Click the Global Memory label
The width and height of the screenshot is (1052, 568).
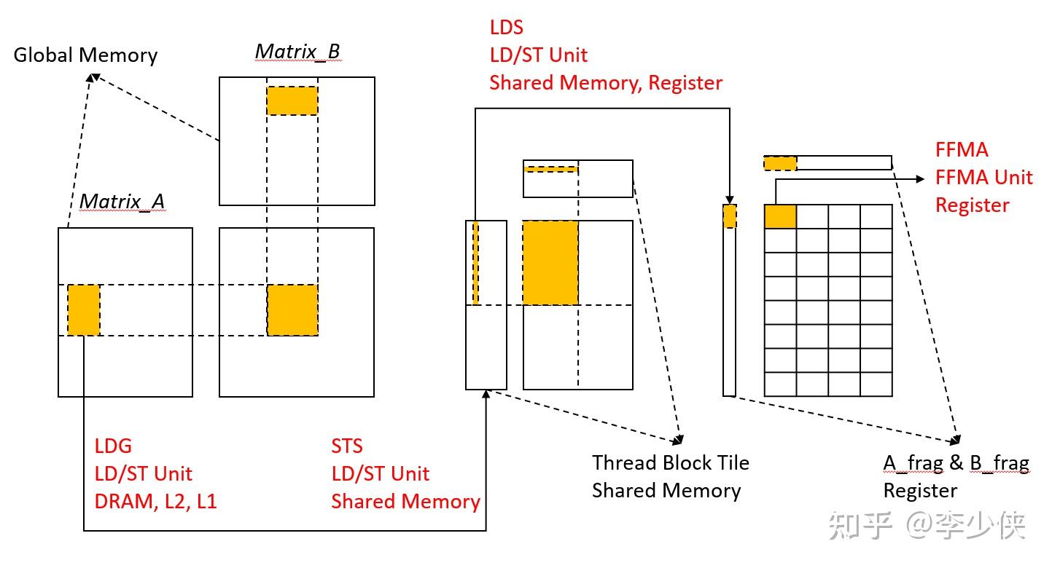pyautogui.click(x=85, y=55)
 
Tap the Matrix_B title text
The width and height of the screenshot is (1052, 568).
pyautogui.click(x=297, y=52)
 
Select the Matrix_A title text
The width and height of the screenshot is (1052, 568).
pyautogui.click(x=122, y=201)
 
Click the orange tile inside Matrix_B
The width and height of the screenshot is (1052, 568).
pyautogui.click(x=292, y=100)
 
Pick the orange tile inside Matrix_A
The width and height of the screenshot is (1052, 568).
pyautogui.click(x=84, y=310)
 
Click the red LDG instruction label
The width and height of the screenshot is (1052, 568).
pyautogui.click(x=113, y=446)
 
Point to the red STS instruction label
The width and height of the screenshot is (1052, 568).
pyautogui.click(x=347, y=446)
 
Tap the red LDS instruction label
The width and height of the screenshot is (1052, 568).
pyautogui.click(x=507, y=28)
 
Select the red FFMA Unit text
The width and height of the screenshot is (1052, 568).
pyautogui.click(x=983, y=177)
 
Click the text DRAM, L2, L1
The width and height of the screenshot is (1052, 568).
pyautogui.click(x=155, y=501)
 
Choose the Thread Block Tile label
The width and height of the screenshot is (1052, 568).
pyautogui.click(x=670, y=462)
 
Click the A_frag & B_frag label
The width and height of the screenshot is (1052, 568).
pyautogui.click(x=956, y=462)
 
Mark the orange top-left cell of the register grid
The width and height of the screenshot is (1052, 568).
pyautogui.click(x=780, y=217)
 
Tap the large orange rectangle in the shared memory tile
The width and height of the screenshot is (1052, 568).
pyautogui.click(x=550, y=262)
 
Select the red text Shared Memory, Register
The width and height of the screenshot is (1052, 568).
pyautogui.click(x=605, y=83)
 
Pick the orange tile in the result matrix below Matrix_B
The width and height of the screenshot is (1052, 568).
pyautogui.click(x=292, y=310)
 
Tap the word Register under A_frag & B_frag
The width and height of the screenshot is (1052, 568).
pyautogui.click(x=920, y=490)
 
